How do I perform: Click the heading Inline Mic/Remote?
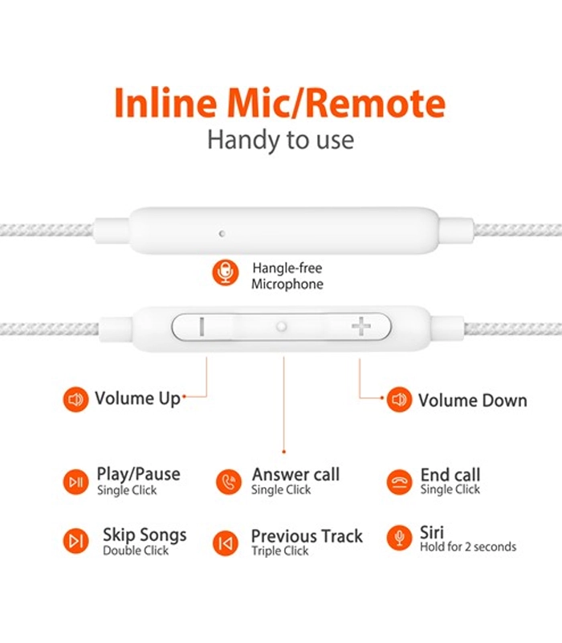[x=279, y=103]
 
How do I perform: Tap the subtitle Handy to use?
[x=280, y=140]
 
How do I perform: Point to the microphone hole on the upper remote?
[x=222, y=234]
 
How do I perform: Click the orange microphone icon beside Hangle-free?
[x=226, y=272]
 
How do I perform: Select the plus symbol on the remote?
[x=360, y=326]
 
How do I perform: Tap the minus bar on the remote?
[x=202, y=327]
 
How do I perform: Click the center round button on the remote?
[x=281, y=327]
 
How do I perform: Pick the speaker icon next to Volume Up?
[x=75, y=399]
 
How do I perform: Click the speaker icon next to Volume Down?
[x=399, y=399]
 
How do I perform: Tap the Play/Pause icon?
[x=75, y=481]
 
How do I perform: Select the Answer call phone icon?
[x=229, y=481]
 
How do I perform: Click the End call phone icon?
[x=399, y=481]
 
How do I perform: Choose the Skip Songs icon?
[x=75, y=541]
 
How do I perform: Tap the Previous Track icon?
[x=226, y=543]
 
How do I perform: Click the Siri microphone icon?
[x=399, y=538]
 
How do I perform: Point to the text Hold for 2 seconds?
[x=468, y=547]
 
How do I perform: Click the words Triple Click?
[x=280, y=551]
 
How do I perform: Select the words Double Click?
[x=136, y=551]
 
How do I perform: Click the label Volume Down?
[x=473, y=400]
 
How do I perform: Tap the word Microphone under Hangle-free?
[x=287, y=284]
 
